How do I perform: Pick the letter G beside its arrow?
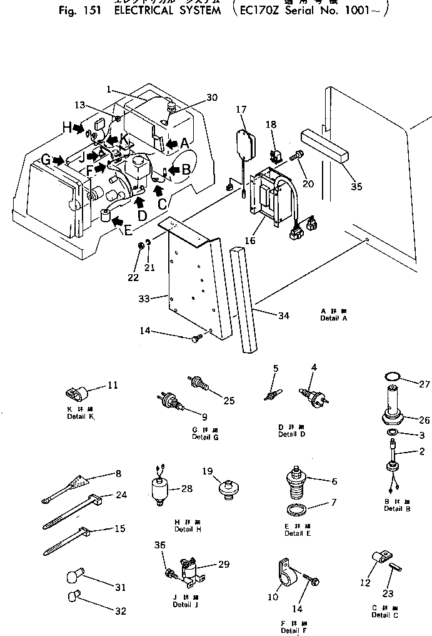click(x=46, y=161)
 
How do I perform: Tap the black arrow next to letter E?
click(x=116, y=220)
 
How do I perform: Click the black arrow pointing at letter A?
click(x=170, y=143)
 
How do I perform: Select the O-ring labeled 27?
click(x=392, y=377)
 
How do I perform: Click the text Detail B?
click(x=393, y=508)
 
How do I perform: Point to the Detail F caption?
click(x=289, y=630)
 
